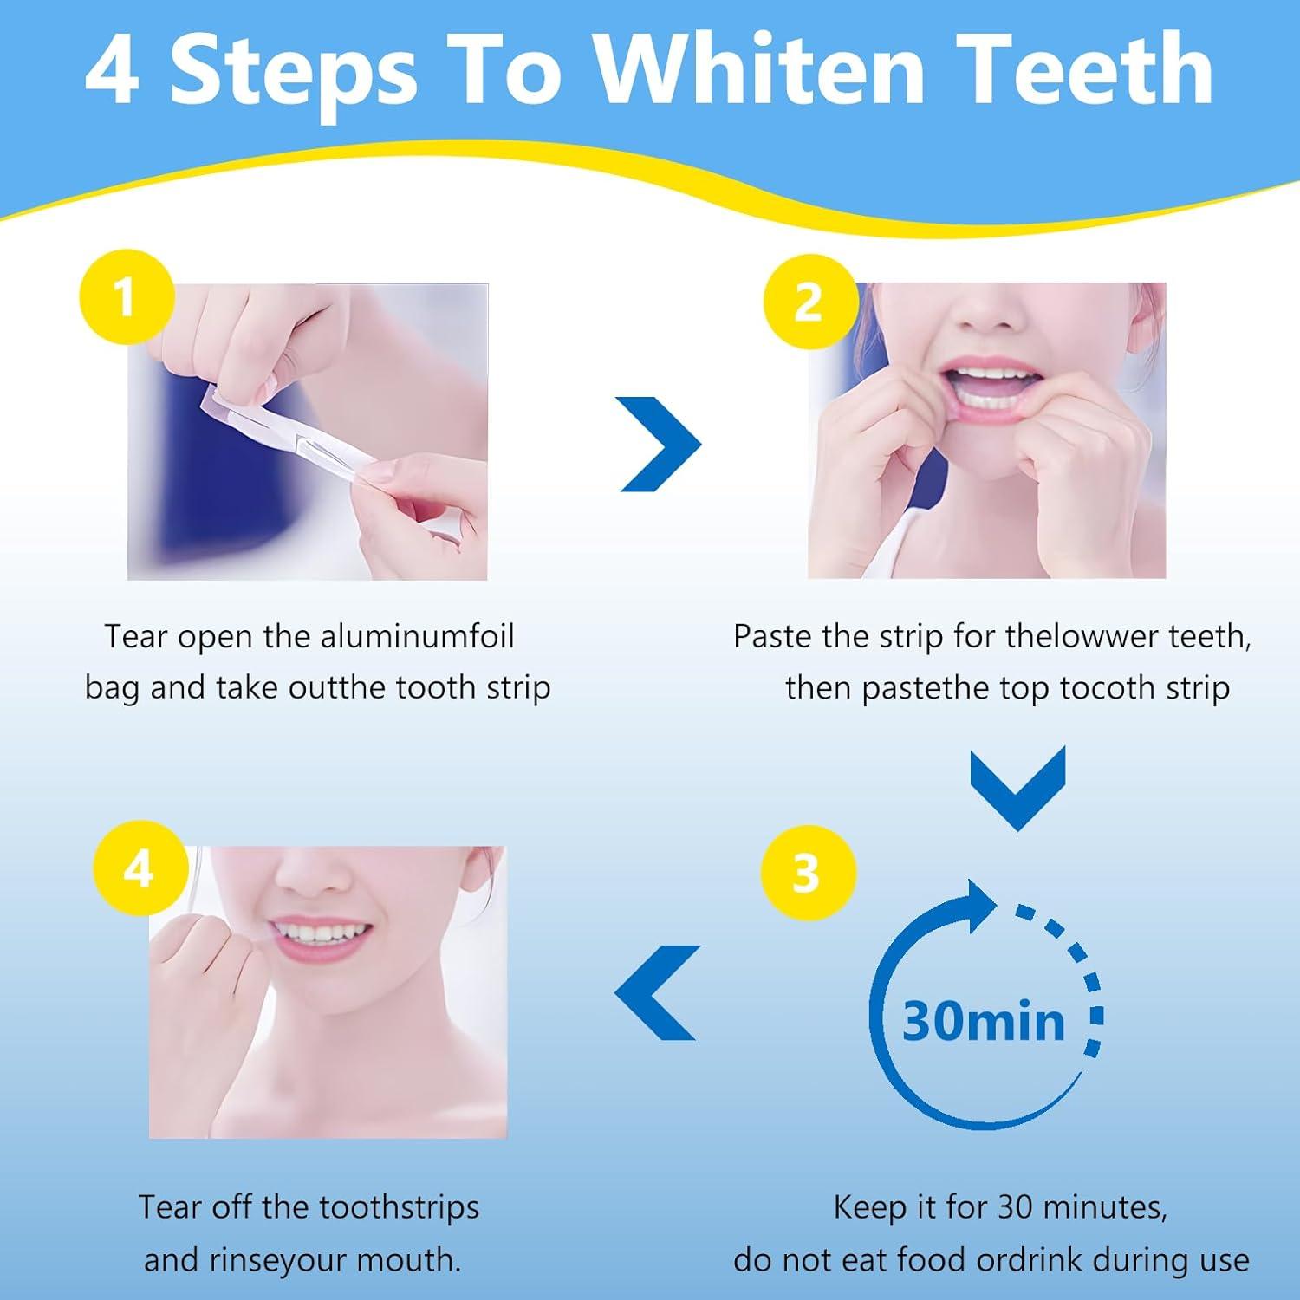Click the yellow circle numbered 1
127,296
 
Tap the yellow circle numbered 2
808,302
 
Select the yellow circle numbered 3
807,872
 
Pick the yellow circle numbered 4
140,868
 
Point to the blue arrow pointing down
1017,787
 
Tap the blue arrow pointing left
657,992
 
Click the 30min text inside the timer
984,1021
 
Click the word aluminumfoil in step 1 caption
417,637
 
